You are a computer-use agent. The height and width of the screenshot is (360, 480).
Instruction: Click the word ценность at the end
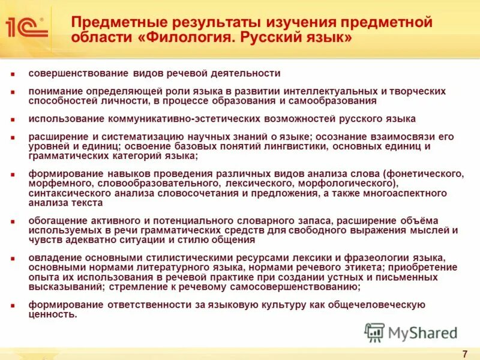click(53, 314)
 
